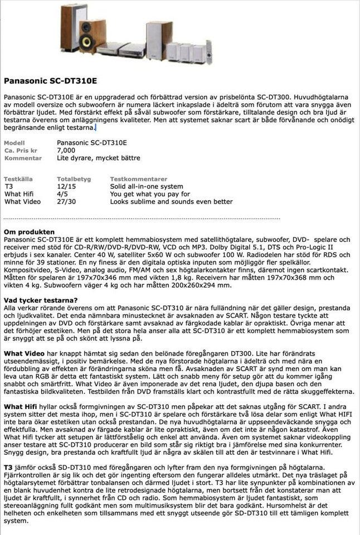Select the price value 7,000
[66, 150]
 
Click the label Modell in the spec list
[14, 143]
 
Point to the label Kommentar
[23, 158]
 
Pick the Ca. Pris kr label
[21, 151]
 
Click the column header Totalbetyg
[74, 179]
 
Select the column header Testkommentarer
[138, 179]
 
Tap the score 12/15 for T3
[66, 187]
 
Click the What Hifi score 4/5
[62, 194]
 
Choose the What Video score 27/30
[66, 202]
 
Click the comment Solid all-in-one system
[146, 187]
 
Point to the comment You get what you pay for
[150, 194]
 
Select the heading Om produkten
[29, 232]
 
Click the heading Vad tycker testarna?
[41, 300]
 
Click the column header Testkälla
[17, 179]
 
